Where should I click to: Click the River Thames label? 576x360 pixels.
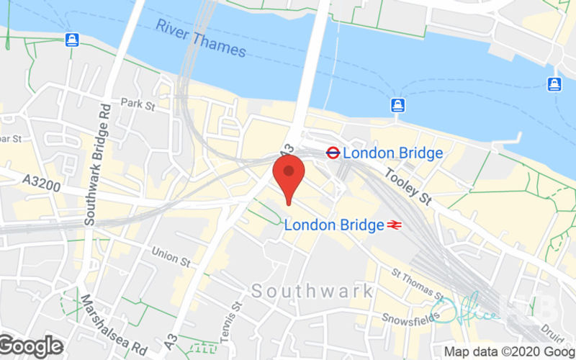(201, 39)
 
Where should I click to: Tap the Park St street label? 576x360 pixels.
(139, 104)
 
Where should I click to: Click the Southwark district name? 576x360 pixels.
(312, 291)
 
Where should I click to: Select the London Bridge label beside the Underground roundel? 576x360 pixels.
(392, 153)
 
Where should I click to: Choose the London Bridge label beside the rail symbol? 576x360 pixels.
(334, 225)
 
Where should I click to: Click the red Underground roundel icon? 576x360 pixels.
(333, 153)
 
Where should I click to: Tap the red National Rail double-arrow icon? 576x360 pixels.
(393, 225)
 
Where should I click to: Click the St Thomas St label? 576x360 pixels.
(418, 284)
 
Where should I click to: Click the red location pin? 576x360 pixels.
(289, 177)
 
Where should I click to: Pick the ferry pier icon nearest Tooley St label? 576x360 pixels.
(397, 106)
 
